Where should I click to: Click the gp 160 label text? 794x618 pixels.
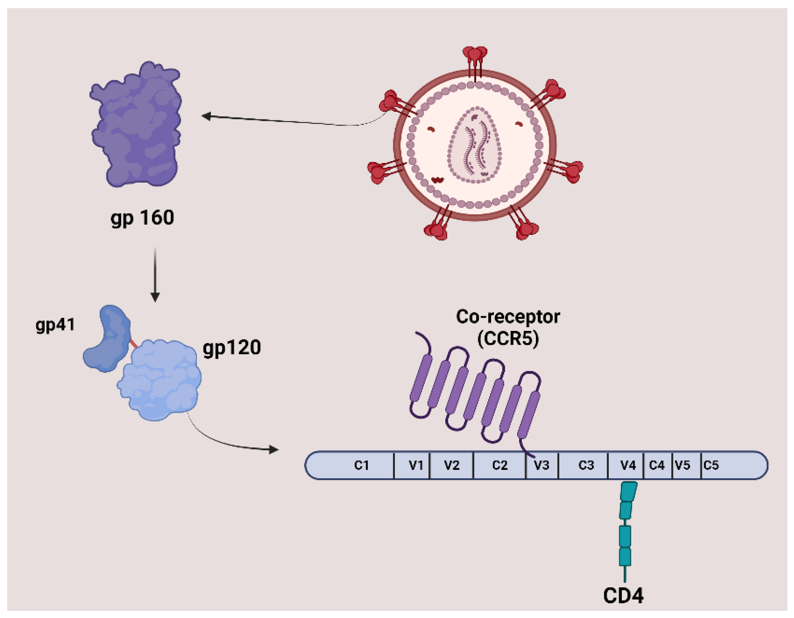pyautogui.click(x=142, y=218)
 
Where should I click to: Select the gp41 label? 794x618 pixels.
pyautogui.click(x=55, y=324)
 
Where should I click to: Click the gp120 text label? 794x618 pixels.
pyautogui.click(x=232, y=348)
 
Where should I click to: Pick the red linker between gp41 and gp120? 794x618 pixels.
pyautogui.click(x=133, y=343)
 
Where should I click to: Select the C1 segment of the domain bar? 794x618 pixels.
pyautogui.click(x=361, y=465)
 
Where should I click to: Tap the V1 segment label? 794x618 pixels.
pyautogui.click(x=415, y=465)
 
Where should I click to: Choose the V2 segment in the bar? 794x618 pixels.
pyautogui.click(x=451, y=465)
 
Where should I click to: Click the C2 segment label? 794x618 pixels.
pyautogui.click(x=499, y=465)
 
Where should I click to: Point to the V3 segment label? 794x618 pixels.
pyautogui.click(x=541, y=465)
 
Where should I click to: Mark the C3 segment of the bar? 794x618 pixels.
pyautogui.click(x=586, y=465)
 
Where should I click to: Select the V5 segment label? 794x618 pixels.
pyautogui.click(x=682, y=465)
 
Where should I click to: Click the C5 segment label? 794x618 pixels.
pyautogui.click(x=711, y=465)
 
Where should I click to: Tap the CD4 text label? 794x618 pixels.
pyautogui.click(x=623, y=596)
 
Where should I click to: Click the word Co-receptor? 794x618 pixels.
pyautogui.click(x=508, y=317)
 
